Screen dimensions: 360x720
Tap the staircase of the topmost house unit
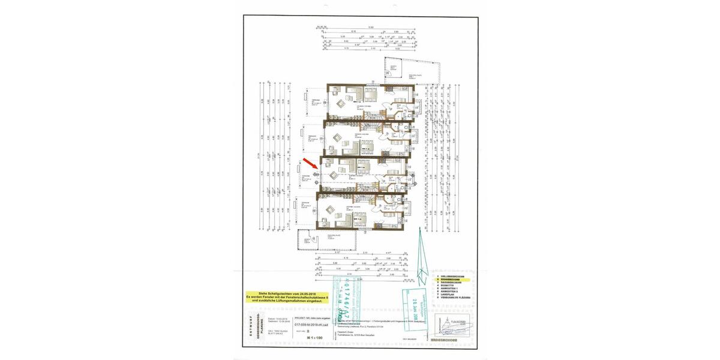coord(382,112)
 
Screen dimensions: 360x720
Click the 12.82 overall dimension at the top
coord(370,27)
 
